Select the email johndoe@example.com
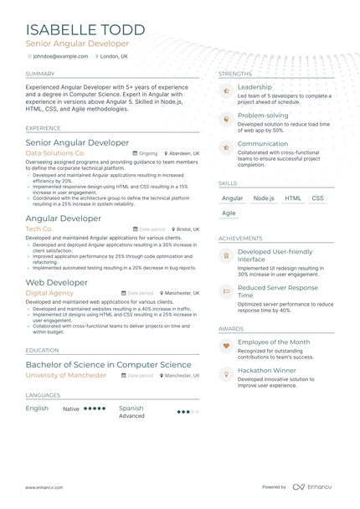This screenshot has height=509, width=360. [x=59, y=56]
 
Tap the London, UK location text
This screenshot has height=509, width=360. [x=115, y=56]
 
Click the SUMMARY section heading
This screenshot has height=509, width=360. [x=40, y=74]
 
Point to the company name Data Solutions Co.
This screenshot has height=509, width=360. [x=55, y=154]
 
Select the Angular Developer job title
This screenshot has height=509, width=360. [x=64, y=218]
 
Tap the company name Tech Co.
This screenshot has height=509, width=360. [x=39, y=229]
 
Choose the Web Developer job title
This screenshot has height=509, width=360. [x=57, y=283]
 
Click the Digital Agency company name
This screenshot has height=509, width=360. [x=49, y=294]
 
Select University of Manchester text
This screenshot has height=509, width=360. [x=66, y=376]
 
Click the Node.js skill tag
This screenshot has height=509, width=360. [x=264, y=198]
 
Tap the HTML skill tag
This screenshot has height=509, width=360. [x=293, y=198]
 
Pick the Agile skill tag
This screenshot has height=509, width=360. [x=229, y=213]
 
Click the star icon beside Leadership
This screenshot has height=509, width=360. [x=225, y=90]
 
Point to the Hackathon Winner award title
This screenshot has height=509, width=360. [x=266, y=370]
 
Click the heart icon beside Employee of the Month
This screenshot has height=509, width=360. [x=225, y=345]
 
